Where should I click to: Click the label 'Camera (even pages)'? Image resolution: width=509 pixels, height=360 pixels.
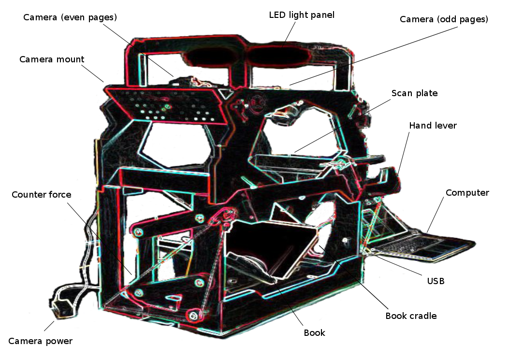[x=71, y=17]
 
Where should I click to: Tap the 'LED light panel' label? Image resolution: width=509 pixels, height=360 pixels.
[x=302, y=15]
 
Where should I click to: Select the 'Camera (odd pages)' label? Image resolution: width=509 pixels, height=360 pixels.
[x=444, y=20]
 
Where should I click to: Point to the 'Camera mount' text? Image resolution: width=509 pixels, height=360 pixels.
[x=52, y=59]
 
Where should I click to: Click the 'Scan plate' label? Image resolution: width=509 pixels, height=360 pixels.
[x=414, y=93]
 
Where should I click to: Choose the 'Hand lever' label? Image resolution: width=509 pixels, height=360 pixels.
[x=433, y=126]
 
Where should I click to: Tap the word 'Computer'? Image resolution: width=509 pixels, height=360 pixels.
[x=467, y=193]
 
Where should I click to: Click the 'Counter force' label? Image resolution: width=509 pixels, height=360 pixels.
[x=42, y=195]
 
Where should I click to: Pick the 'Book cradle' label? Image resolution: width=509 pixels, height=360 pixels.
[x=411, y=316]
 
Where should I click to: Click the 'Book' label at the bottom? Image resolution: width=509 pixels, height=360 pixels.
[x=314, y=332]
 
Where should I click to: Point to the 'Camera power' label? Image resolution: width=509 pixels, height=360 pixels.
[x=40, y=341]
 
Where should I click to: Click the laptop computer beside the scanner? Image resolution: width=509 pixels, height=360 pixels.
[x=425, y=246]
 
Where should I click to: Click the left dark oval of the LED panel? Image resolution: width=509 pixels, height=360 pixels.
[x=213, y=57]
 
